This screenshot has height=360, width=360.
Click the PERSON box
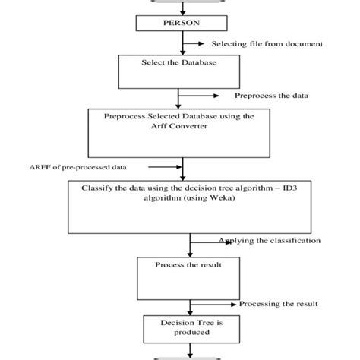[x=180, y=24]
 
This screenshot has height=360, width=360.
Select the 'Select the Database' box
[x=180, y=71]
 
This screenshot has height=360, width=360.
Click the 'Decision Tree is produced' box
[x=180, y=328]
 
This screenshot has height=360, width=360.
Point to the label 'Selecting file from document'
[x=266, y=44]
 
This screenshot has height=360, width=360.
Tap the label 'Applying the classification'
[x=269, y=241]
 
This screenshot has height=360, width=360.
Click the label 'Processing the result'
[x=275, y=304]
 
